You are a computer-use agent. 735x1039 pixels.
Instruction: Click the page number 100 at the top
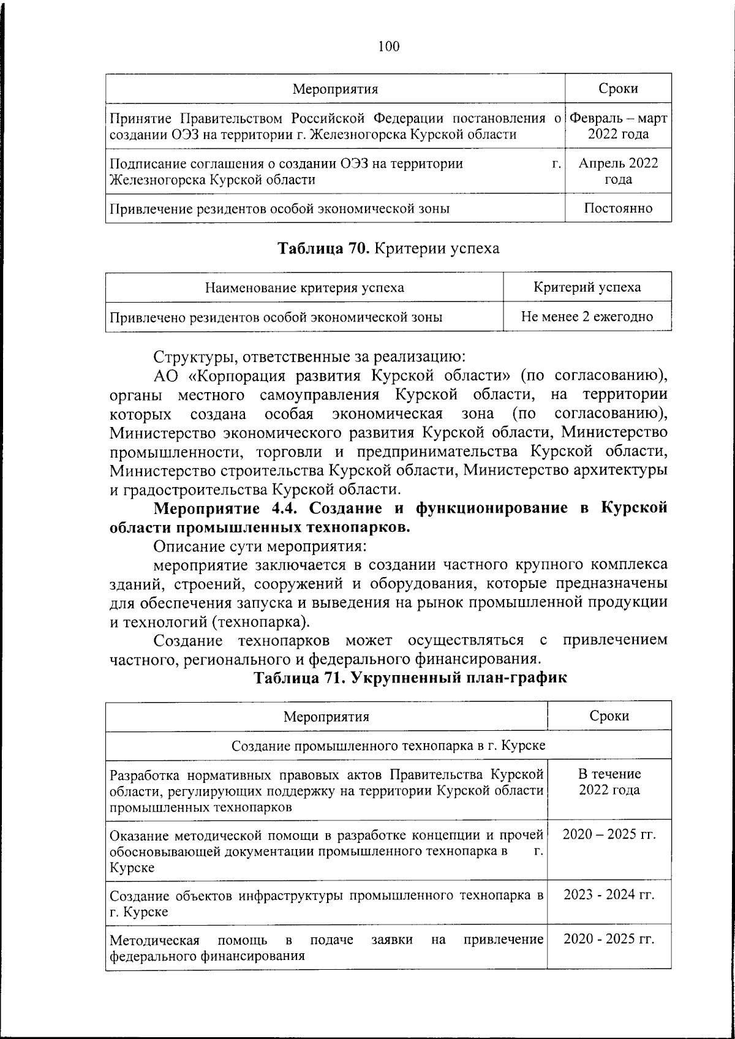click(389, 47)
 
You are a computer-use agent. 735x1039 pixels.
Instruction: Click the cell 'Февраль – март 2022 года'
click(618, 126)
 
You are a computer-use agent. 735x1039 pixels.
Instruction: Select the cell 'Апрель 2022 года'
click(618, 171)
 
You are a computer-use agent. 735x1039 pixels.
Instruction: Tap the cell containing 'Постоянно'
click(618, 208)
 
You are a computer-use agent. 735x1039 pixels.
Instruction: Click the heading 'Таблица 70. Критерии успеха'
click(389, 248)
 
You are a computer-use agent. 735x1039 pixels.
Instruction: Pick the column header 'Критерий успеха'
click(587, 287)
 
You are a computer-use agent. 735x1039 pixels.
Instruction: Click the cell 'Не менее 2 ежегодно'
click(587, 317)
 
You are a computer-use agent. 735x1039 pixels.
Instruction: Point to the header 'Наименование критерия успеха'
click(304, 287)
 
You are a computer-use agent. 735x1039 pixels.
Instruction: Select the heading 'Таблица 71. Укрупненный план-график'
click(410, 678)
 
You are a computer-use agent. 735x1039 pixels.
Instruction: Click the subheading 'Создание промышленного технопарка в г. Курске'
click(388, 746)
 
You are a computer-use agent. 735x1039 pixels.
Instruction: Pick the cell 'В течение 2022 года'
click(609, 782)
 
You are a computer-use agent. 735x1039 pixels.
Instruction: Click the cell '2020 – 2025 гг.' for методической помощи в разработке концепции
click(609, 834)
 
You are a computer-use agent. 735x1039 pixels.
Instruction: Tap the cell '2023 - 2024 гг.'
click(609, 895)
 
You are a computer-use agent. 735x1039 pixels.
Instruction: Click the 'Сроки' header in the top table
click(618, 89)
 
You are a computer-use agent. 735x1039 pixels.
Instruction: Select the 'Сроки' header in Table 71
click(609, 716)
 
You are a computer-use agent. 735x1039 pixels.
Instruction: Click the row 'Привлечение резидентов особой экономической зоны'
click(279, 208)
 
